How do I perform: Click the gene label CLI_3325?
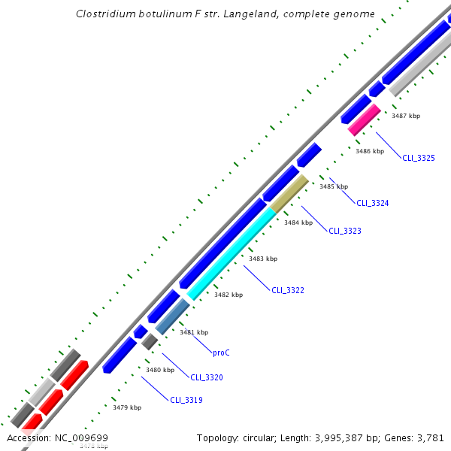[419, 158]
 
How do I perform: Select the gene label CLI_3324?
[373, 203]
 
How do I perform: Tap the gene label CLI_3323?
[345, 231]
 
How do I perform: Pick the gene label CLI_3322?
[288, 290]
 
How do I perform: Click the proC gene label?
[222, 352]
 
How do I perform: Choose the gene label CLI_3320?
[207, 377]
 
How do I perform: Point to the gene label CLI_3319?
[186, 400]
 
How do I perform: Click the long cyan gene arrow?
[232, 254]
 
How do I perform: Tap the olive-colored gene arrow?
[289, 194]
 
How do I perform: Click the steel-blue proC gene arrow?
[172, 316]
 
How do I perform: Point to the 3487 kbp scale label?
[407, 116]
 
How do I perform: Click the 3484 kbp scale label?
[298, 222]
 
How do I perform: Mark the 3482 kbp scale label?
[229, 295]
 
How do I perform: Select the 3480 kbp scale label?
[160, 370]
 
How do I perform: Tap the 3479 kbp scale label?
[127, 407]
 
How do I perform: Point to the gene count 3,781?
[429, 437]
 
